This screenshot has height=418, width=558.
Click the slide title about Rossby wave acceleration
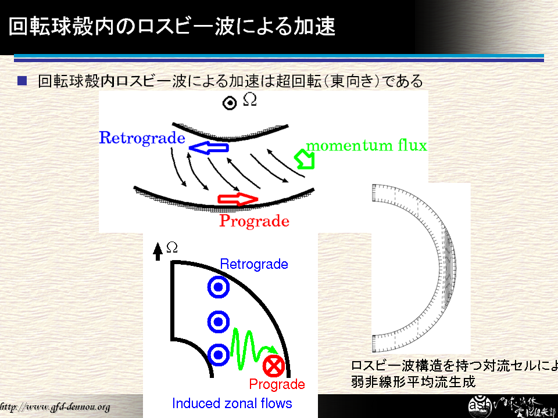(x=172, y=27)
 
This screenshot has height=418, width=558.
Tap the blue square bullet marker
(x=22, y=80)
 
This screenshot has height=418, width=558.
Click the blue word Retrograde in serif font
(x=142, y=138)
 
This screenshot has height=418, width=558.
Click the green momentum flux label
(x=366, y=145)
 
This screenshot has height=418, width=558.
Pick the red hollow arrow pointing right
(x=237, y=200)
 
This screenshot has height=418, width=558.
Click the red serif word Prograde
(x=254, y=221)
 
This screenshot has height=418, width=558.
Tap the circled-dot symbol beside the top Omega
(x=230, y=103)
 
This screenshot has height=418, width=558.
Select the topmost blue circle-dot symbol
(x=218, y=287)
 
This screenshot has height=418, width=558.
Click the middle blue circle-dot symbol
(x=218, y=321)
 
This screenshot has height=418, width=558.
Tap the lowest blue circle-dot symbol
(x=218, y=355)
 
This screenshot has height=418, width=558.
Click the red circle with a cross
(x=273, y=366)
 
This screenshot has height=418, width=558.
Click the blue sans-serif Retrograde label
(x=253, y=264)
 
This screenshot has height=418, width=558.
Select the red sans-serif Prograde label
(x=277, y=384)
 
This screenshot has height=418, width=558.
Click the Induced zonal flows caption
(x=231, y=403)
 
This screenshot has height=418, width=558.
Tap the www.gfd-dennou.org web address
(x=56, y=406)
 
